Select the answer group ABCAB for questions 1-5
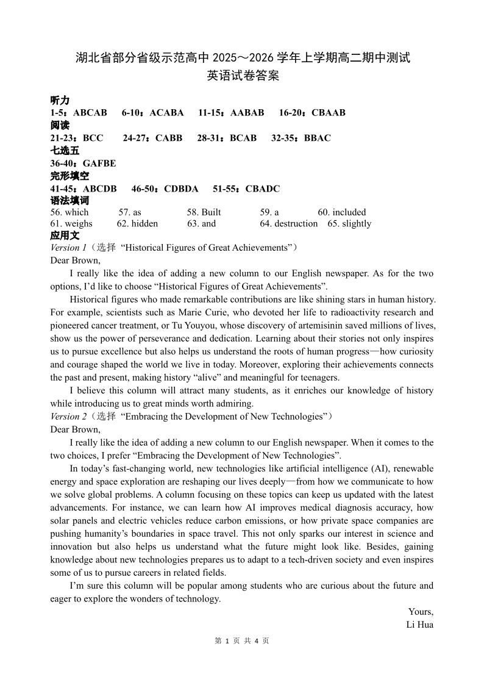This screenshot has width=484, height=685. pos(90,113)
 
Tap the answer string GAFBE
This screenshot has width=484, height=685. pos(99,163)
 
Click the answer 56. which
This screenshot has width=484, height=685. pos(69,212)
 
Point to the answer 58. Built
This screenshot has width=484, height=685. pos(204,212)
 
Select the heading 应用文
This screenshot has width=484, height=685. pos(65,235)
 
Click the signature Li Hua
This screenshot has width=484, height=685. pos(419,625)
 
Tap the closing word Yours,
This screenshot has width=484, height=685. pos(421,612)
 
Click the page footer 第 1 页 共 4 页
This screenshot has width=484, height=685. pos(242,641)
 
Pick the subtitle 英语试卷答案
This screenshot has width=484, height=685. pos(242,76)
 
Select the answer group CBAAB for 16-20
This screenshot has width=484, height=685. pos(329,113)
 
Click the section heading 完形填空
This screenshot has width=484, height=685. pos(69,176)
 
